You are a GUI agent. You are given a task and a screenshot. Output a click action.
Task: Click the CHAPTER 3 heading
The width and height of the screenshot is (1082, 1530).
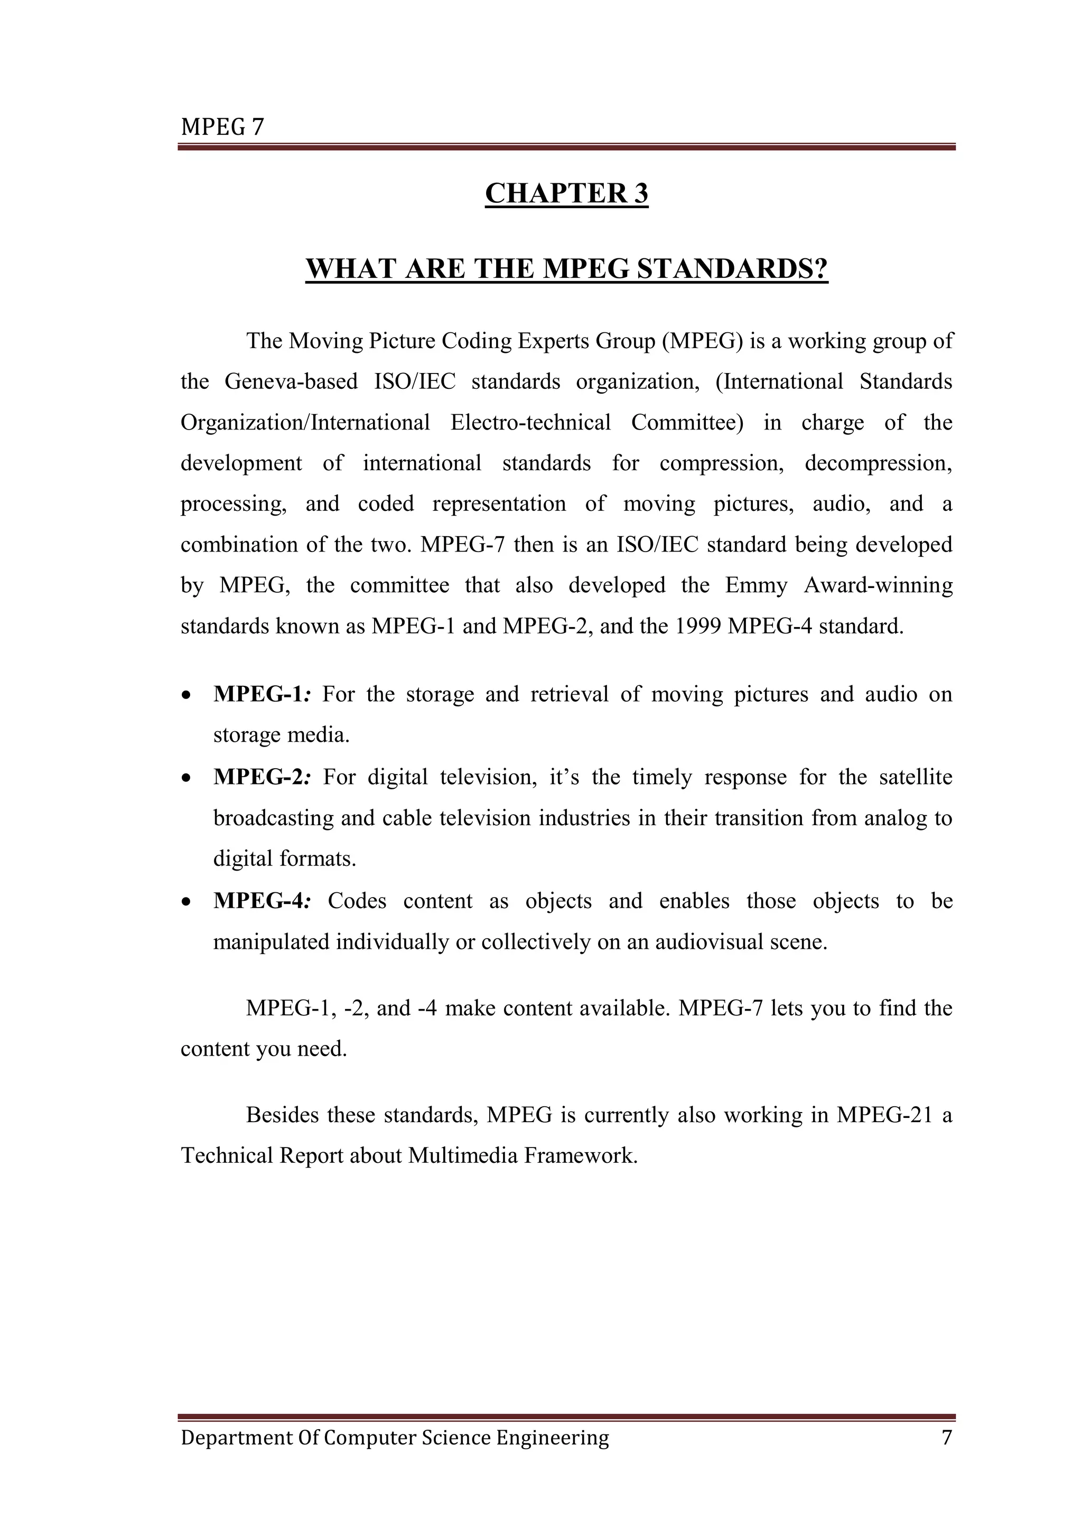566,194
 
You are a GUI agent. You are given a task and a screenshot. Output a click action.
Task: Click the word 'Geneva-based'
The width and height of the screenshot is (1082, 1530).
291,382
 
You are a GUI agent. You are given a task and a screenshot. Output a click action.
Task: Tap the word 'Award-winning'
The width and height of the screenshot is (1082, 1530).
878,585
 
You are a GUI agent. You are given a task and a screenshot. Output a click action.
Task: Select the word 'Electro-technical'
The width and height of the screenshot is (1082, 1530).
530,423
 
